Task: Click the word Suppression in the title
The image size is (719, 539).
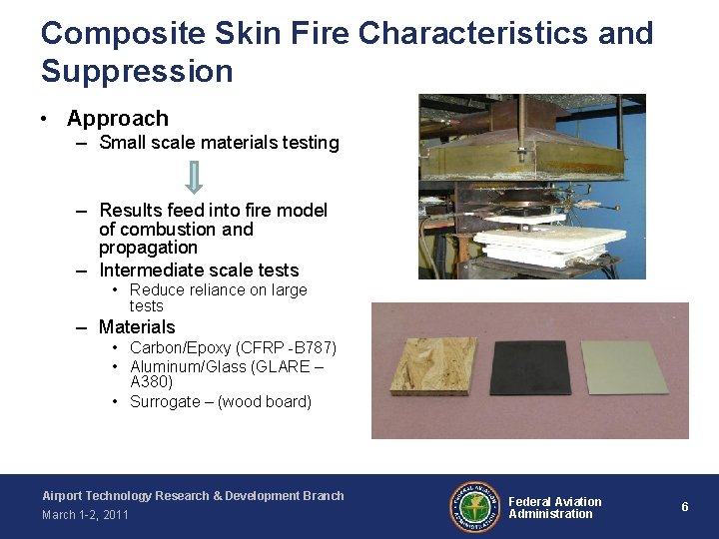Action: pos(137,71)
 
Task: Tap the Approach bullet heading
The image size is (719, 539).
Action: pos(117,118)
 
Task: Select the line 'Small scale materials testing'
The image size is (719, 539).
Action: pos(219,143)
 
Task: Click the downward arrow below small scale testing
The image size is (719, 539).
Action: pos(195,177)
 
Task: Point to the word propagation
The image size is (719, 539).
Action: pos(148,248)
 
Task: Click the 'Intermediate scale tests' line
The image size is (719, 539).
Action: pos(199,270)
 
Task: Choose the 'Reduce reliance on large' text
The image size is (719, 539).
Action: pos(218,290)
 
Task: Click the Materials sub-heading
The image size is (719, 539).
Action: pos(137,327)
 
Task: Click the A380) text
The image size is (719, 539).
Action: pos(151,381)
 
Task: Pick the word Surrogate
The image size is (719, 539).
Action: pos(165,402)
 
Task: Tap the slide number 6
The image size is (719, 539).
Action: pos(684,507)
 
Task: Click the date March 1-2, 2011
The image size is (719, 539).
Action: pos(85,515)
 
